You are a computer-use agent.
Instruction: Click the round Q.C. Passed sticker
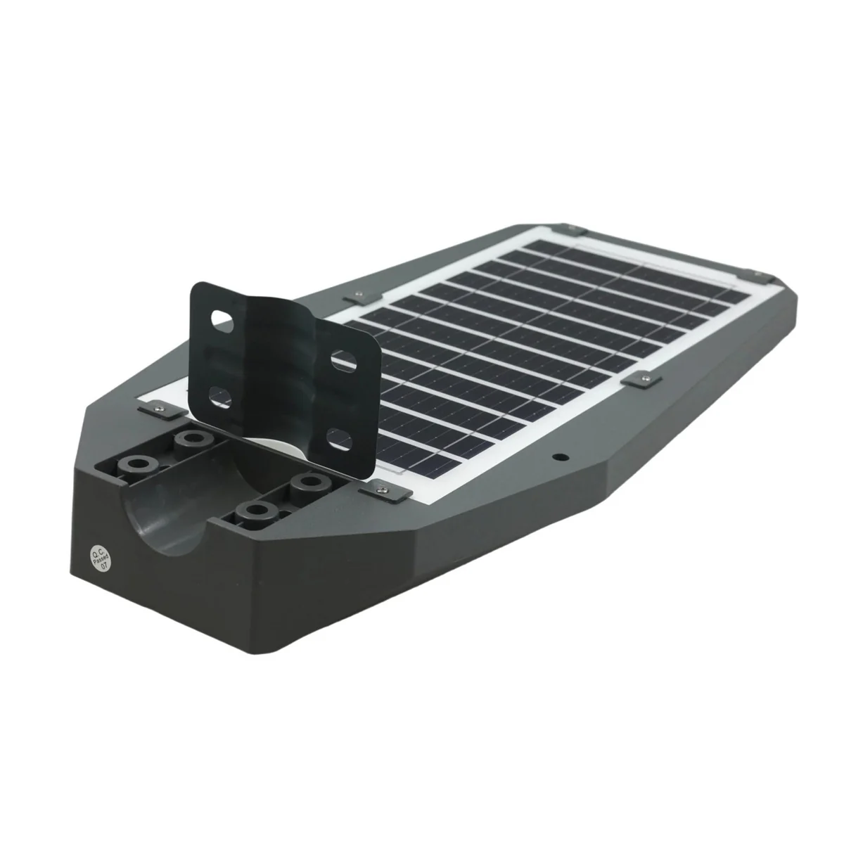pos(101,558)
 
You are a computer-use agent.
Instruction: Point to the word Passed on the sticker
pos(101,558)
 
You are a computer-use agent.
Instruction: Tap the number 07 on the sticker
pos(104,565)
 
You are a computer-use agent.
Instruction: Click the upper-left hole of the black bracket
pos(222,320)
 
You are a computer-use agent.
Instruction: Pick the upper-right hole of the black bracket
pos(343,362)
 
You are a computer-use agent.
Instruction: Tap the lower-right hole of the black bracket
pos(340,440)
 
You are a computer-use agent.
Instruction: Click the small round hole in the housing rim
pos(561,458)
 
